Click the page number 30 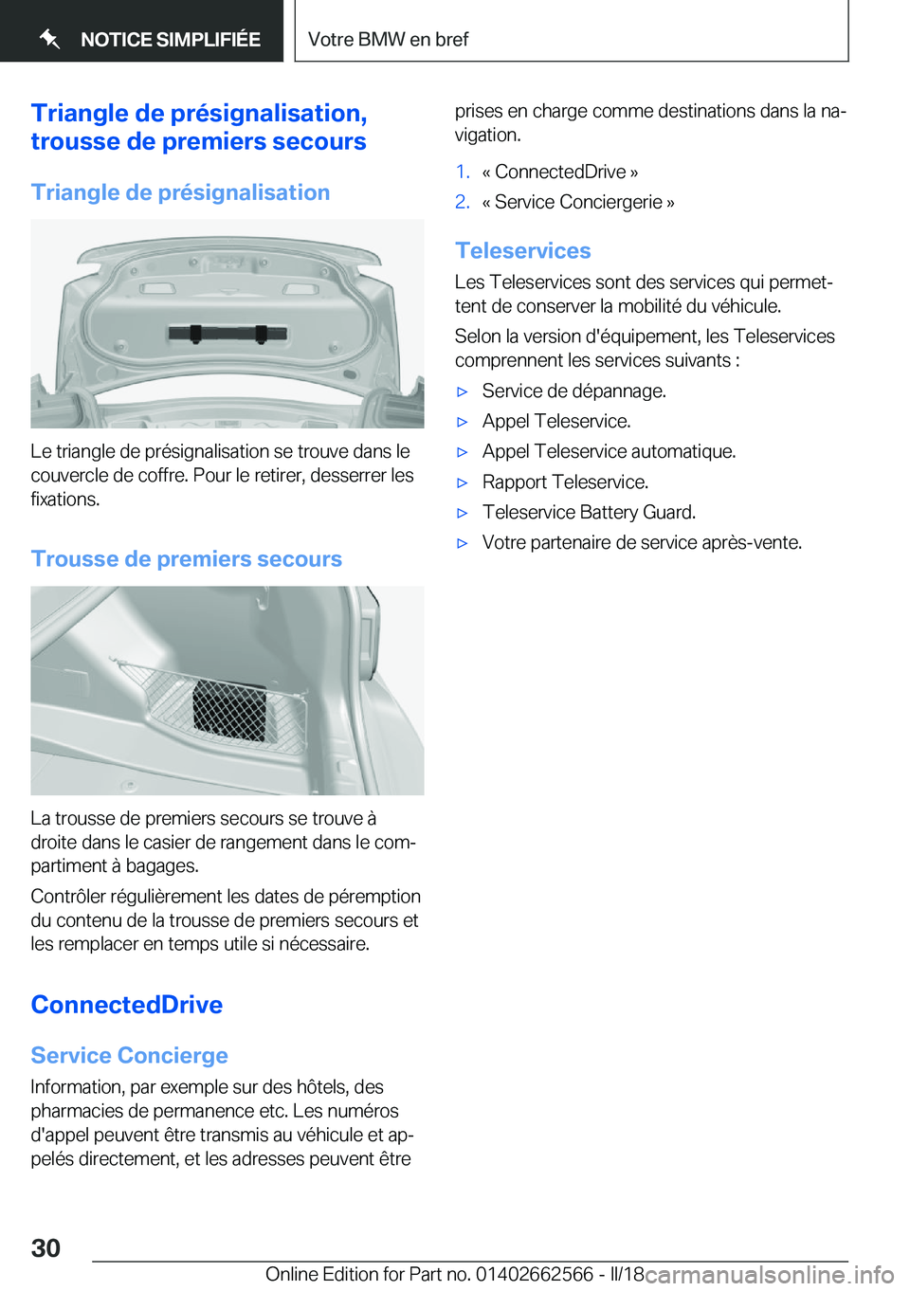[45, 1247]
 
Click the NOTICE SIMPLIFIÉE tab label [171, 40]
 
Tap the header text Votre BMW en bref [388, 40]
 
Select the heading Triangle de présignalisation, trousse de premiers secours [199, 127]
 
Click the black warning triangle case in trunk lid [227, 333]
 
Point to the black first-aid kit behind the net [229, 710]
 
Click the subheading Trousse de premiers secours [187, 559]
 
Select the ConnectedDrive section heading [127, 1005]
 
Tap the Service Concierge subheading [130, 1056]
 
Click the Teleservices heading [523, 251]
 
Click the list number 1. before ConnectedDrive [463, 173]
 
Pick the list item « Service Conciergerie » [578, 203]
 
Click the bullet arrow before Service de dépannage [463, 391]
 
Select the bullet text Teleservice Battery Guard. [589, 513]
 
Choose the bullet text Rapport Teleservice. [565, 482]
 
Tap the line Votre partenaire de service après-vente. [642, 543]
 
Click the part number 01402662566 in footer [534, 1274]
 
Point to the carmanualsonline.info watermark [770, 1275]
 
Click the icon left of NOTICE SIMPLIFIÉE [49, 39]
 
